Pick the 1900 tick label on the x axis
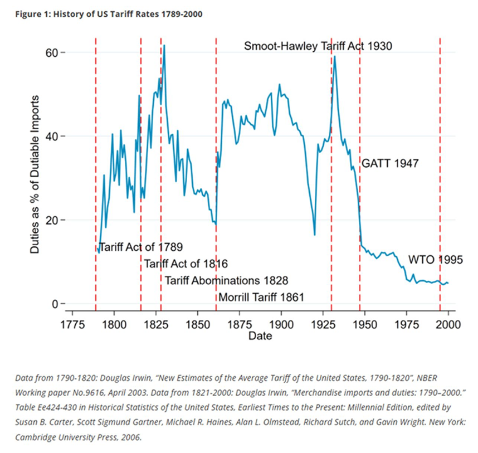click(x=281, y=325)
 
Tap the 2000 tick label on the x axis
click(x=448, y=325)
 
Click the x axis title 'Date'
click(x=260, y=336)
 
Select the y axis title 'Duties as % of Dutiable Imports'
click(x=35, y=178)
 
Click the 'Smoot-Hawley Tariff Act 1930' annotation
click(x=318, y=46)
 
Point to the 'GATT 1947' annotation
click(x=390, y=164)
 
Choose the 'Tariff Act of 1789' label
click(x=140, y=246)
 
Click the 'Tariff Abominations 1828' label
click(x=226, y=280)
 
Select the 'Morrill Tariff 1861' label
click(x=261, y=297)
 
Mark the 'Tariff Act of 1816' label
click(x=186, y=264)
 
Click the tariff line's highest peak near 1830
click(x=164, y=45)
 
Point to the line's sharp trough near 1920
click(x=315, y=235)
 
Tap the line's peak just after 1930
click(x=335, y=56)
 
